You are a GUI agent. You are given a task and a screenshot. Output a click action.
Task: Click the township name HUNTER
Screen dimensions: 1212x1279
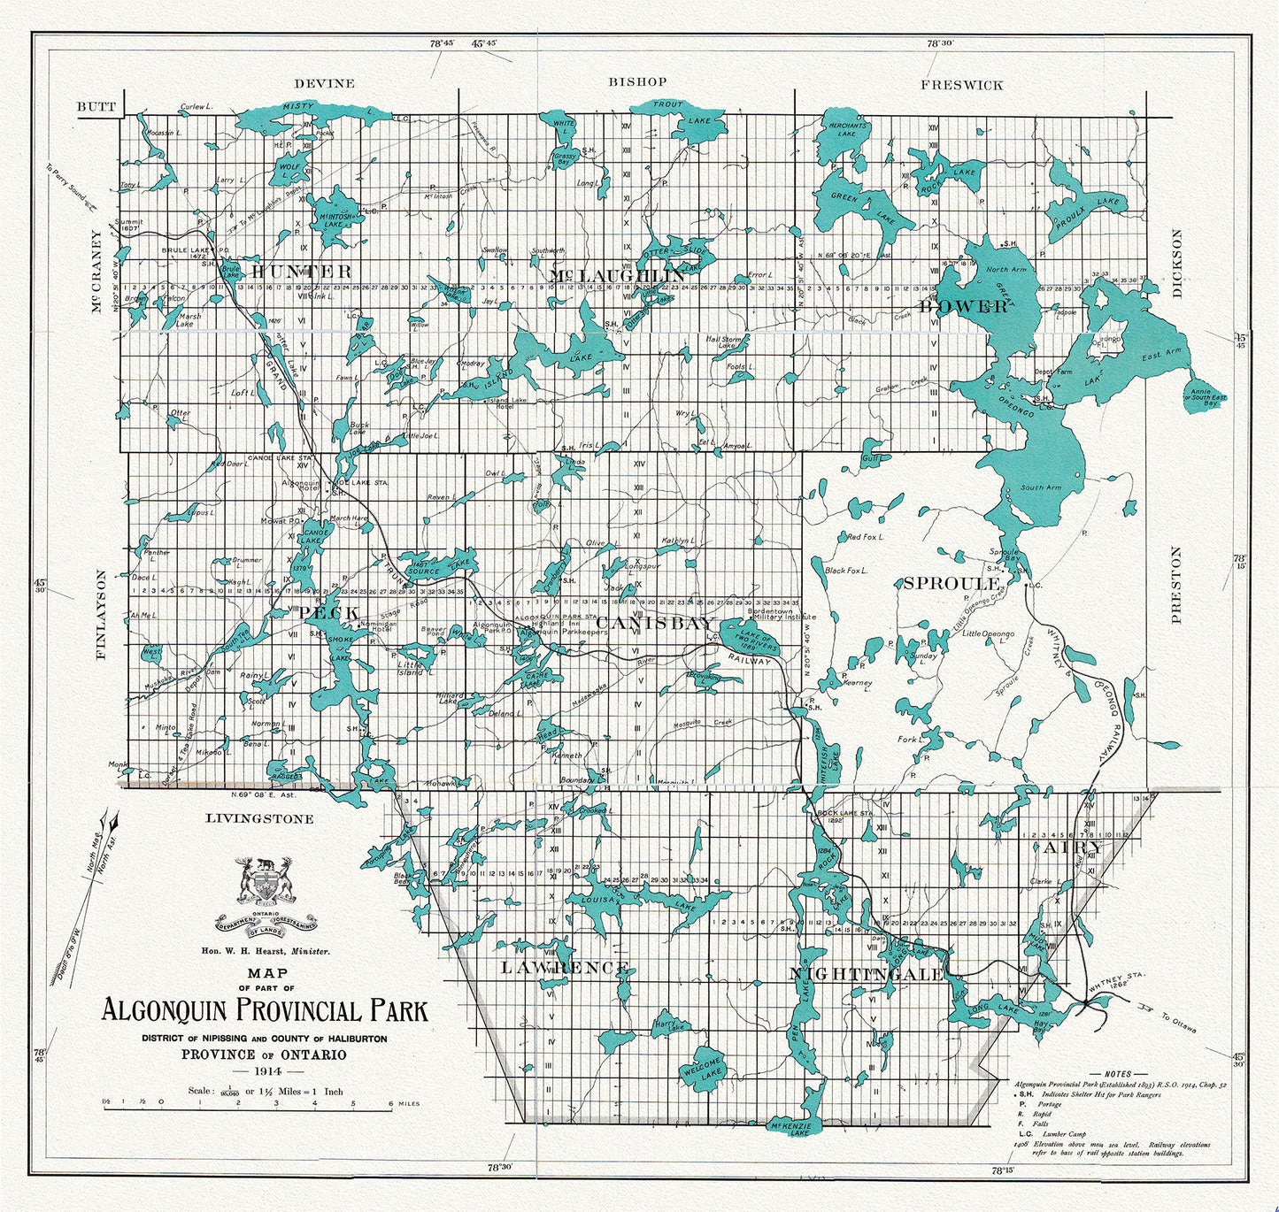300,271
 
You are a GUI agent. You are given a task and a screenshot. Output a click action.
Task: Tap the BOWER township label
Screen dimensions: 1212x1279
964,306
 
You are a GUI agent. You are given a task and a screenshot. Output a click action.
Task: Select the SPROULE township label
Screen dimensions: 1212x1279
951,583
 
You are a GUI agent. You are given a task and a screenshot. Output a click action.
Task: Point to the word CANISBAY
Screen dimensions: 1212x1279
654,624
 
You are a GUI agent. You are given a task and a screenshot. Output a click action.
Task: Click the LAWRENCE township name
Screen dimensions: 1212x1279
565,967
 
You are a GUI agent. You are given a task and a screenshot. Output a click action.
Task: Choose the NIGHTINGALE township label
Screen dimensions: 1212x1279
867,973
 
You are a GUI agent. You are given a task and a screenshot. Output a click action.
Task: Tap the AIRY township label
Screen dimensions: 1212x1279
1072,847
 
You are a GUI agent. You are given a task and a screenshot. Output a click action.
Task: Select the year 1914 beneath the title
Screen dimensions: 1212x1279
265,1070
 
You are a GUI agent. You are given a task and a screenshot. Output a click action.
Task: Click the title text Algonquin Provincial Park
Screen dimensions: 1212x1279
264,1010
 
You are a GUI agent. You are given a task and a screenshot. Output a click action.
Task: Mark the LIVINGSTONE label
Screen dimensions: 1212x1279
259,818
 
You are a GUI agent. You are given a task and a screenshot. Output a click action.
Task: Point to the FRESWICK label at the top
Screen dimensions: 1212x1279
961,85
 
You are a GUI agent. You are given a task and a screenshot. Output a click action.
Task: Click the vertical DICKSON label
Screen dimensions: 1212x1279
1176,264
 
